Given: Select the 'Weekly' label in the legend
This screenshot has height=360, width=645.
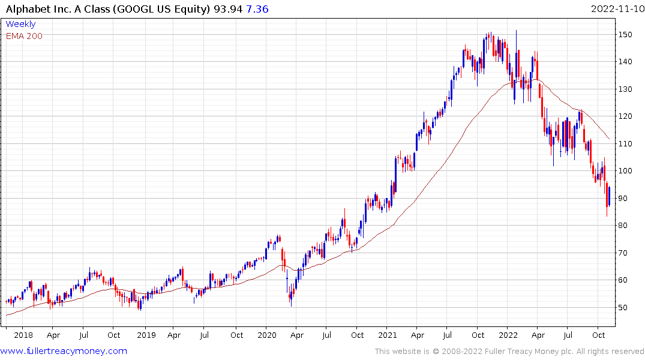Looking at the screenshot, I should [x=20, y=24].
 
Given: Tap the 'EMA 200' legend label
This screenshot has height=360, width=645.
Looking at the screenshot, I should [x=24, y=35].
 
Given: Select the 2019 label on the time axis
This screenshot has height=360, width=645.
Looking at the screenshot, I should [x=146, y=335].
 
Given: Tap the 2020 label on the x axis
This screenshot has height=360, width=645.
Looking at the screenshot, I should [x=267, y=335].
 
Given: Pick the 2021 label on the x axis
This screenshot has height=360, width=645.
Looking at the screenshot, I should [x=388, y=335].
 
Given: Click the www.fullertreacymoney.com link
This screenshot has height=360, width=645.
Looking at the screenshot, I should [x=64, y=351].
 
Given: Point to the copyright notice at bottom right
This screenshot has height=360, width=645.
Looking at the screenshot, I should [x=509, y=351].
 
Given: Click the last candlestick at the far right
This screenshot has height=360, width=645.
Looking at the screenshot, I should [x=609, y=197].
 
